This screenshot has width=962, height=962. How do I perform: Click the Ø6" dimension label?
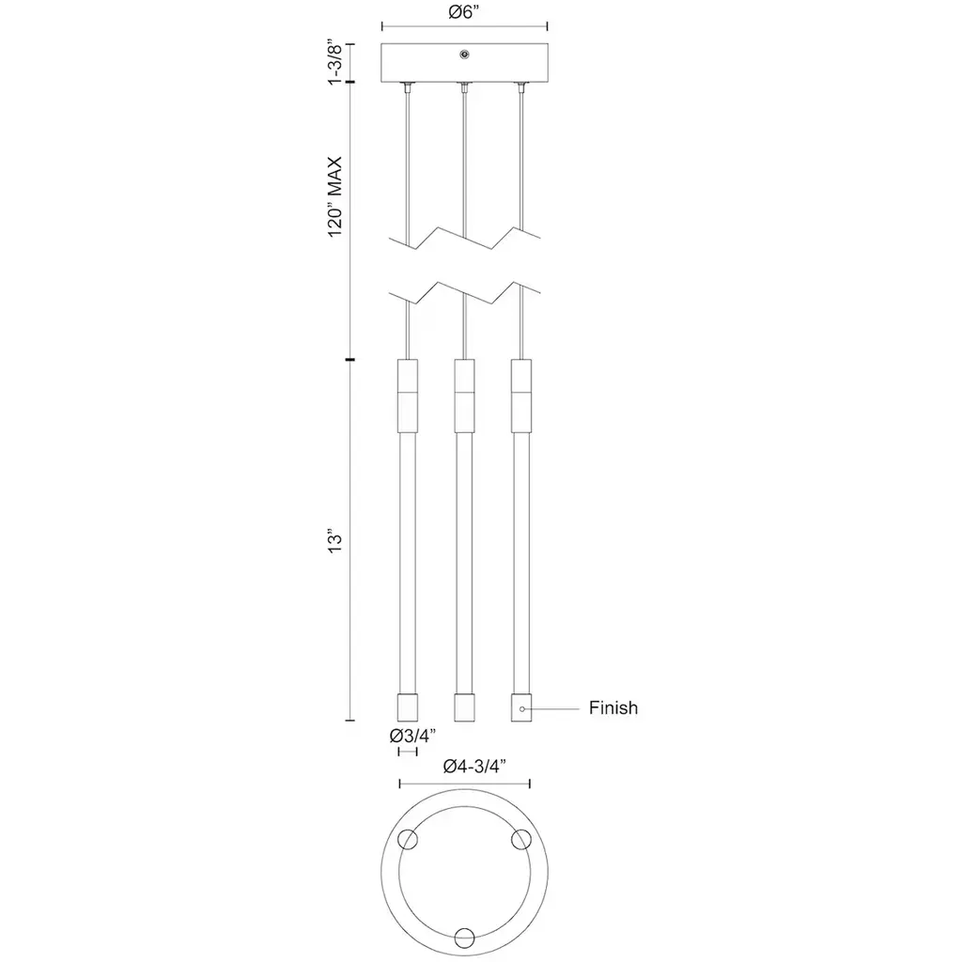click(464, 12)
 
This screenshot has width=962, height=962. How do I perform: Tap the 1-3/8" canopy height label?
click(334, 62)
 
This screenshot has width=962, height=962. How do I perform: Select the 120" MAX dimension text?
click(334, 197)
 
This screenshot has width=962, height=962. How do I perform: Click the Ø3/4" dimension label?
click(412, 735)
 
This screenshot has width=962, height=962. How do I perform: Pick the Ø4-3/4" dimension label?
click(474, 767)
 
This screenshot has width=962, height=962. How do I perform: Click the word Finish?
click(613, 708)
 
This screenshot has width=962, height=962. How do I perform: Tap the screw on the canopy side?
click(464, 54)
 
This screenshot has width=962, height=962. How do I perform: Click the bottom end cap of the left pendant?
click(408, 707)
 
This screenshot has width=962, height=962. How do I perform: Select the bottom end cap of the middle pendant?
click(464, 707)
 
